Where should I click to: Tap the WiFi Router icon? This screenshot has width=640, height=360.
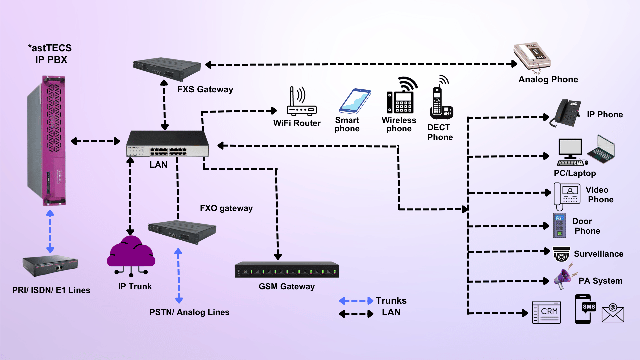301,102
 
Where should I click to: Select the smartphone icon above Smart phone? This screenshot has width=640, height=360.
355,101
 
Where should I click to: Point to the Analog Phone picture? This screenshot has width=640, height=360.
532,57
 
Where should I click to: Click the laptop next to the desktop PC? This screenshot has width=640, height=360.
602,150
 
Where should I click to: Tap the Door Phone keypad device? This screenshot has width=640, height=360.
560,226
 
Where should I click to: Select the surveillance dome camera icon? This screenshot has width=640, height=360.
561,254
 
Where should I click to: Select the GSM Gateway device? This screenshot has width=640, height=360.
287,270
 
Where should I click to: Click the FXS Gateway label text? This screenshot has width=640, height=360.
205,89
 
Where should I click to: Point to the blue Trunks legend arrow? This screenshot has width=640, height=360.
356,301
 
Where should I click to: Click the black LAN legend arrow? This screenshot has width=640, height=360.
356,314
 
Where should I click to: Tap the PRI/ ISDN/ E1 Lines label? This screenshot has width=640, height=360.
51,290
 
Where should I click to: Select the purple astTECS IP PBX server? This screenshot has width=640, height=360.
47,140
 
